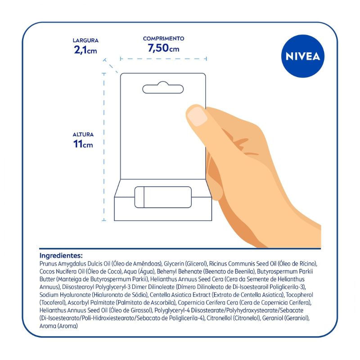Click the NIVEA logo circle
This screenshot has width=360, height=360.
click(x=302, y=56)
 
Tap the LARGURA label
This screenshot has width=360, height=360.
click(x=85, y=40)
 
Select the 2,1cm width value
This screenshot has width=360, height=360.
click(x=85, y=50)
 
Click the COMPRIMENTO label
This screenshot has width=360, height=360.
click(x=163, y=39)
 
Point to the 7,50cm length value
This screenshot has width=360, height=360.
click(x=163, y=48)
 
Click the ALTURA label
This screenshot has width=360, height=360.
click(x=83, y=135)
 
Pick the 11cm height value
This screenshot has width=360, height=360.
click(x=83, y=144)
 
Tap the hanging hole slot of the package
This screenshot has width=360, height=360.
click(x=163, y=87)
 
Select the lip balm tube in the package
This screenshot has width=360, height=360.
click(x=163, y=197)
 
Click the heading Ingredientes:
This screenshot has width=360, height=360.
click(x=61, y=256)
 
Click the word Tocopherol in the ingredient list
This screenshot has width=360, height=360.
click(x=299, y=295)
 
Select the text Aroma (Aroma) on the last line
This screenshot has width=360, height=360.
click(x=58, y=326)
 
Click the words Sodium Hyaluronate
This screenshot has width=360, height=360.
click(x=65, y=295)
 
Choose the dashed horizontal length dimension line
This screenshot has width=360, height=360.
click(x=163, y=59)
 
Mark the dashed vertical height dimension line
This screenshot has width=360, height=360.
click(x=104, y=147)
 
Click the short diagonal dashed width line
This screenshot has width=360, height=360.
click(x=111, y=66)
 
